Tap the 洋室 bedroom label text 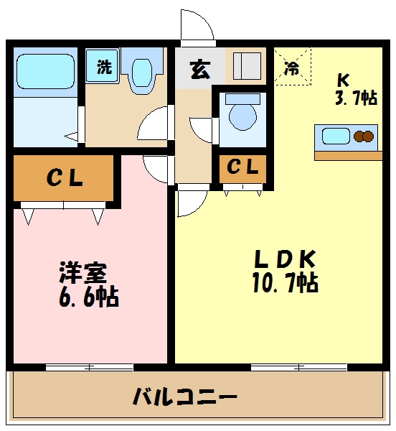click(82, 274)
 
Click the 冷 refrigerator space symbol click(292, 68)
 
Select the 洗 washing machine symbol click(104, 68)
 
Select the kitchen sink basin click(335, 135)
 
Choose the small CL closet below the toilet click(242, 168)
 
